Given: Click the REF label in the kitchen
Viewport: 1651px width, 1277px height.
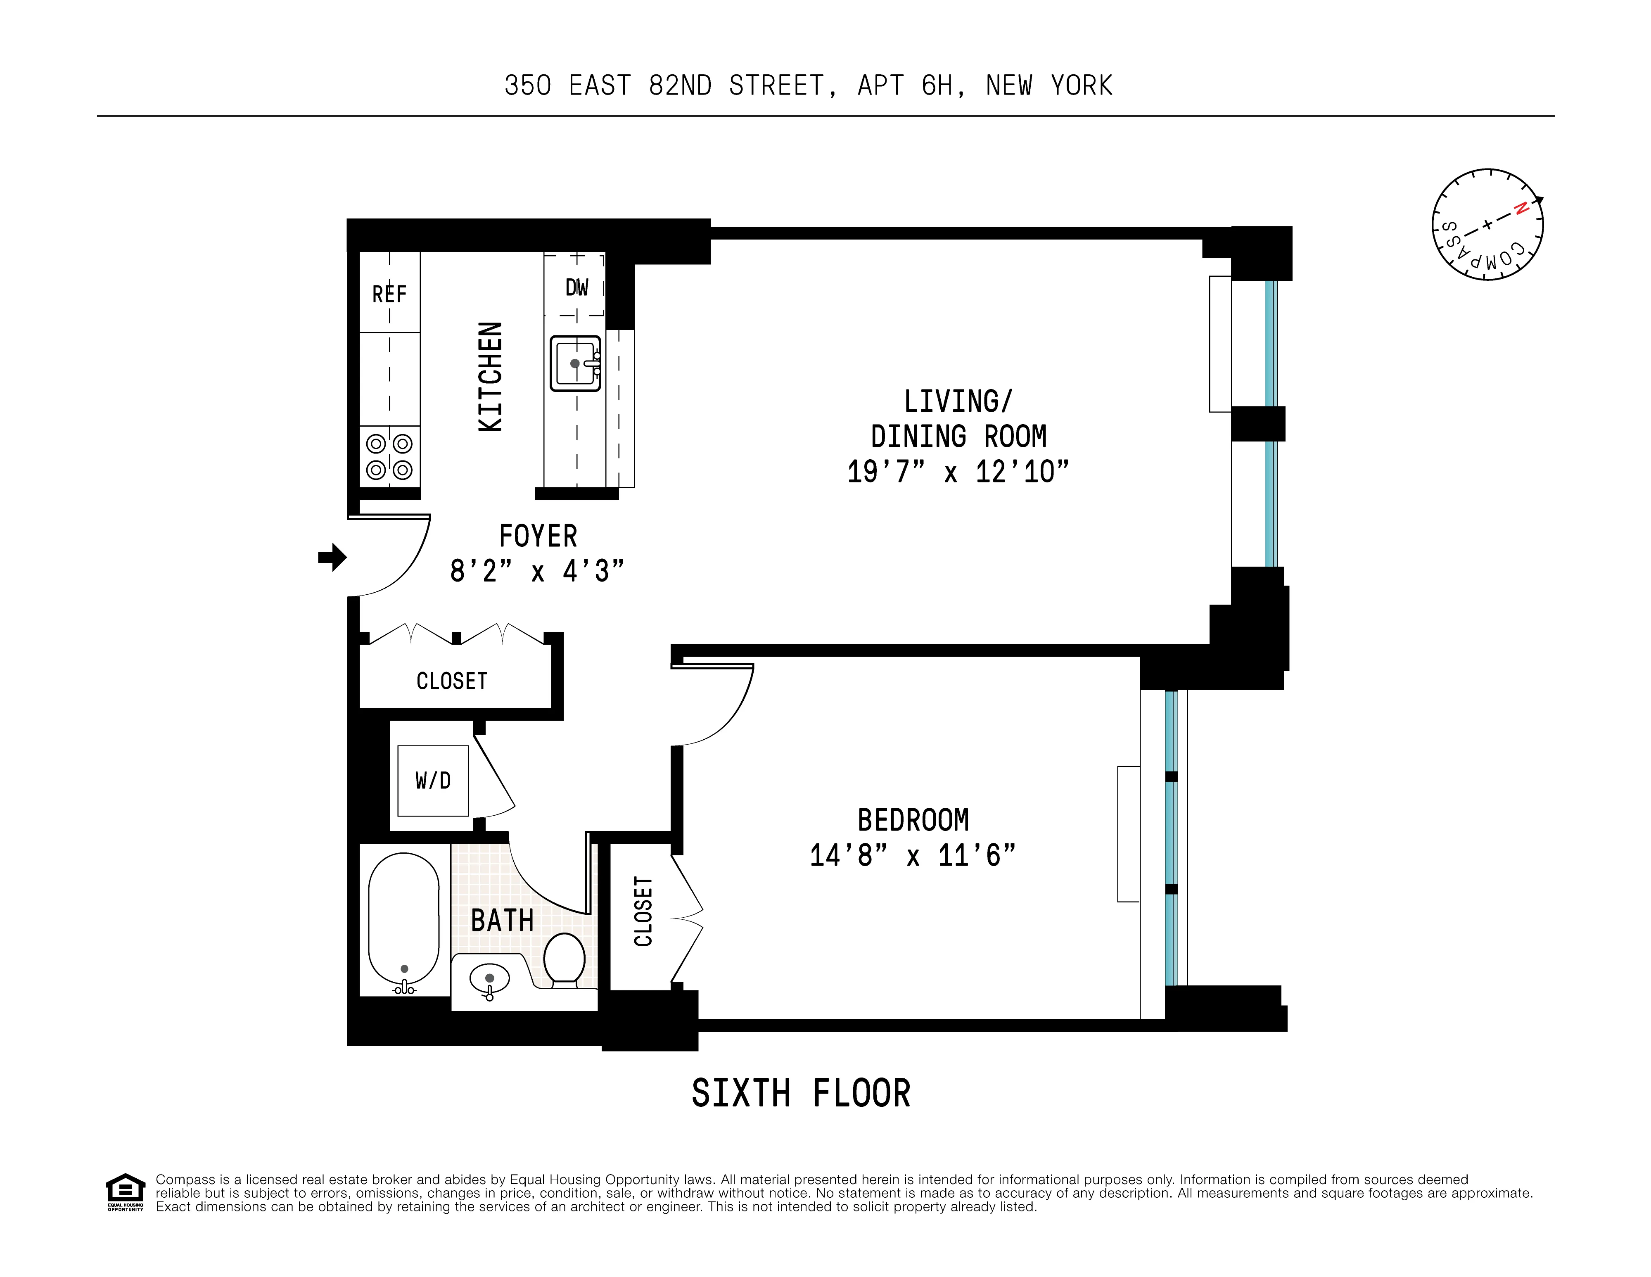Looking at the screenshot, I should pos(389,294).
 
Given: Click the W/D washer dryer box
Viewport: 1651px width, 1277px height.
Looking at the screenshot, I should pos(433,780).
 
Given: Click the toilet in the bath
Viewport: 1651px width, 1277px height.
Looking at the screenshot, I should pos(564,959).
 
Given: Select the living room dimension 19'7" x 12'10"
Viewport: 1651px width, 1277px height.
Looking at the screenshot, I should pos(958,472).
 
